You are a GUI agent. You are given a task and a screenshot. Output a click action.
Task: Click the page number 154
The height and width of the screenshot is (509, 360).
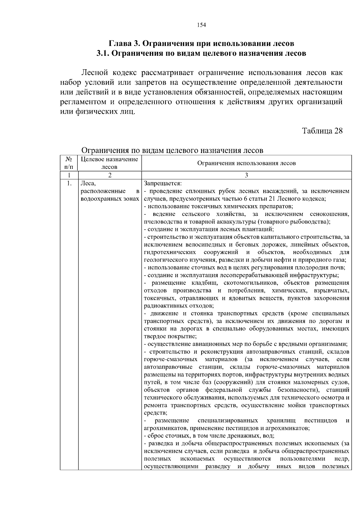pos(201,25)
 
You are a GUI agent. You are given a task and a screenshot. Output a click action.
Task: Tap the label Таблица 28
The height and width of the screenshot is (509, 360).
pos(322,131)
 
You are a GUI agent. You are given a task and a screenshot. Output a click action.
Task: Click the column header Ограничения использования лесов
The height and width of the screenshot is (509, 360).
pos(246,163)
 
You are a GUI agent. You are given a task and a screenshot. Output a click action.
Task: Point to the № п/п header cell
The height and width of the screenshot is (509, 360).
pos(69,163)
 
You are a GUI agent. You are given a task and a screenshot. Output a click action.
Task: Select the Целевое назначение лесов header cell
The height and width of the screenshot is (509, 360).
pos(109,163)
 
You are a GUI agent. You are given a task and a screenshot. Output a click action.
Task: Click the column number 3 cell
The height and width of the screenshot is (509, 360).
pos(246,175)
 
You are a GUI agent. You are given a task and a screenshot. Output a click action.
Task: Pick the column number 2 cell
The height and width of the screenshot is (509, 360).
pos(109,175)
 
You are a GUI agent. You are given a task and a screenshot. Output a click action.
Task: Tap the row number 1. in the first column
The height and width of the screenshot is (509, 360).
pos(69,183)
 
